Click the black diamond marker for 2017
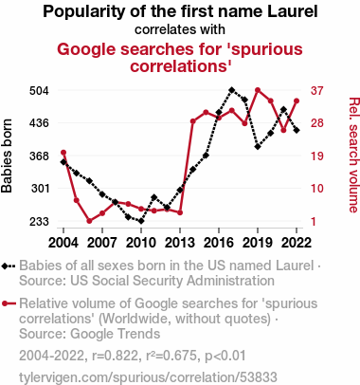pyautogui.click(x=232, y=90)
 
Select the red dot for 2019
pyautogui.click(x=258, y=90)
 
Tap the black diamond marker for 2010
pyautogui.click(x=141, y=221)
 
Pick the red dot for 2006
pyautogui.click(x=89, y=221)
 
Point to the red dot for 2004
pyautogui.click(x=63, y=153)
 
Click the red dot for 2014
pyautogui.click(x=193, y=121)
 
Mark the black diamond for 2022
pyautogui.click(x=297, y=130)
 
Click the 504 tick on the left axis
pyautogui.click(x=39, y=91)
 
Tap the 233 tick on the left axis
pyautogui.click(x=39, y=222)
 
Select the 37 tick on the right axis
pyautogui.click(x=317, y=91)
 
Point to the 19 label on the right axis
pyautogui.click(x=317, y=156)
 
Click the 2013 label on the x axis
pyautogui.click(x=180, y=243)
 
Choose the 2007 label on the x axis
pyautogui.click(x=102, y=243)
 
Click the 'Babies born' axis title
pyautogui.click(x=7, y=156)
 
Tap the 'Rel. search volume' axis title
pyautogui.click(x=353, y=155)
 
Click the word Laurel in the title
pyautogui.click(x=293, y=11)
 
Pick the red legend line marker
pyautogui.click(x=9, y=303)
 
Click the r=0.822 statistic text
pyautogui.click(x=115, y=356)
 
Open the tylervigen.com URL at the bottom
pyautogui.click(x=148, y=377)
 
